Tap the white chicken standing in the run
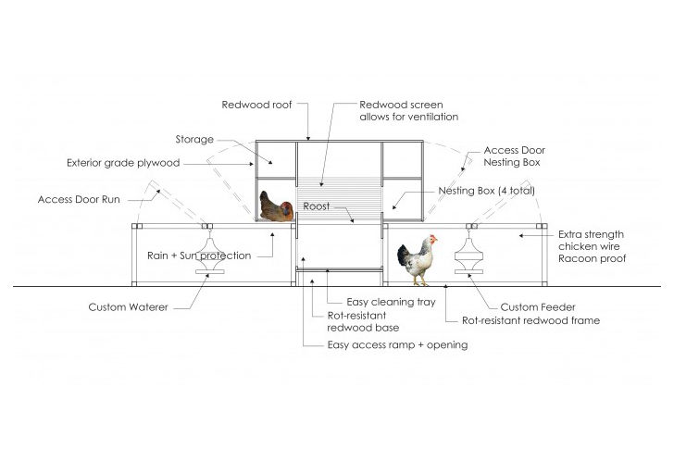pyautogui.click(x=417, y=260)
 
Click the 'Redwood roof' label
pyautogui.click(x=256, y=106)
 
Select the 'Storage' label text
pyautogui.click(x=194, y=140)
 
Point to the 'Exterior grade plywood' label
pyautogui.click(x=122, y=164)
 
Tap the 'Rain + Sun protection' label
pyautogui.click(x=199, y=256)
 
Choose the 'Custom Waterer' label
pyautogui.click(x=129, y=306)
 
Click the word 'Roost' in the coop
pyautogui.click(x=318, y=207)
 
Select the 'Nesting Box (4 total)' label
pyautogui.click(x=486, y=191)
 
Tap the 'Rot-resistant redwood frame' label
pyautogui.click(x=531, y=320)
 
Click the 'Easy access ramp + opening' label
pyautogui.click(x=398, y=345)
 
